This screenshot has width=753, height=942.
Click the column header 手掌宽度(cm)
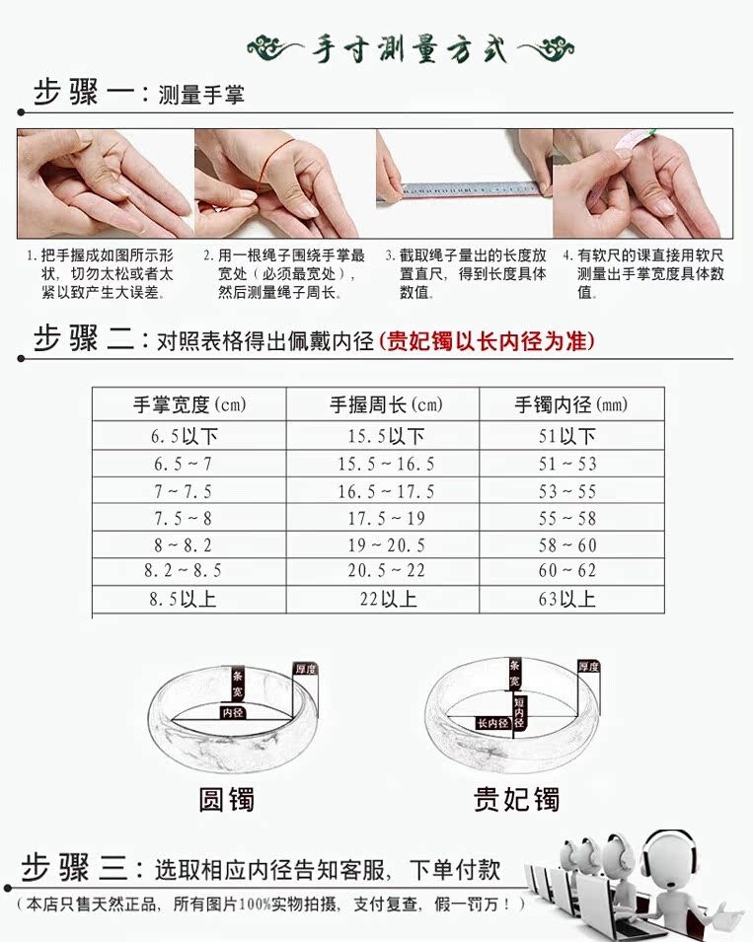click(188, 404)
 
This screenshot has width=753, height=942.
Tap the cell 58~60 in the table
click(567, 544)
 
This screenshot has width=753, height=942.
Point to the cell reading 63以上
click(567, 599)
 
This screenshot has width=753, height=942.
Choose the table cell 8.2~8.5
click(183, 571)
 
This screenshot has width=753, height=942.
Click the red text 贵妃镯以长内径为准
click(488, 341)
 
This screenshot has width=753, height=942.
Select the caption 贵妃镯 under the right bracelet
click(516, 797)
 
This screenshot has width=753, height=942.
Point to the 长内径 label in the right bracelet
click(493, 723)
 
